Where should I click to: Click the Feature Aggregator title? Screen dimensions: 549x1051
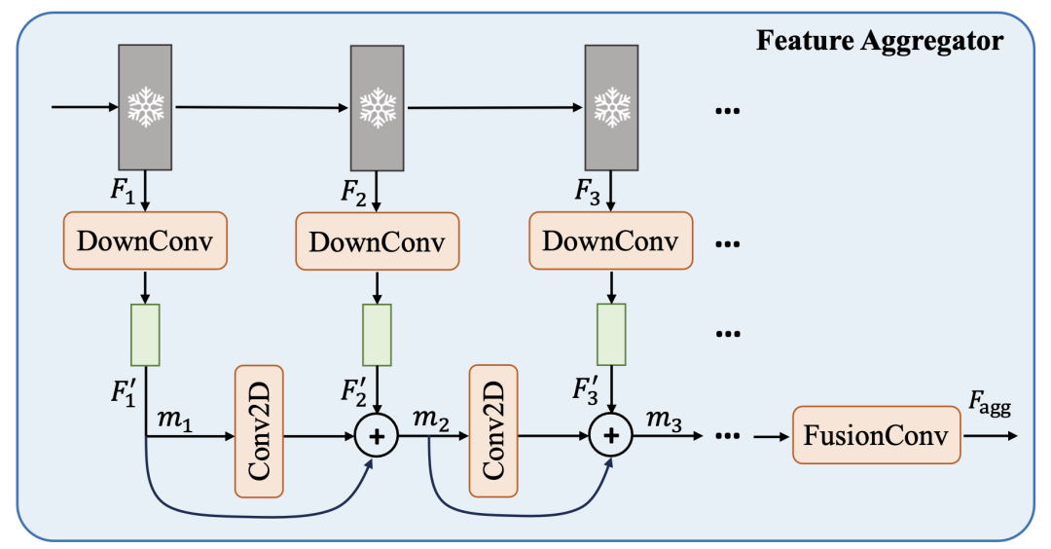[x=880, y=42]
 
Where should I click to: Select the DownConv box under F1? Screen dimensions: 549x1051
[x=145, y=240]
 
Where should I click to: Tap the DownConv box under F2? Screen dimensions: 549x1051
[x=377, y=240]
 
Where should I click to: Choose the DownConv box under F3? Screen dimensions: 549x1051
[x=610, y=240]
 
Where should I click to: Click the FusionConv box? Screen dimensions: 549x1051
[x=875, y=434]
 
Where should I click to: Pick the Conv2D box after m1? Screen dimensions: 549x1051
[x=259, y=430]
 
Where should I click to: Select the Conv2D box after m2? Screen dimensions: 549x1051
[x=492, y=430]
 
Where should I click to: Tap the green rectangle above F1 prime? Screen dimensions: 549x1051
[x=145, y=334]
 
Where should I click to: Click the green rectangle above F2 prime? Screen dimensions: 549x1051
[x=377, y=334]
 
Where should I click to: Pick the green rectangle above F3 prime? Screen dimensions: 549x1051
[x=610, y=334]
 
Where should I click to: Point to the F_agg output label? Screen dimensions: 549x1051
[x=988, y=404]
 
